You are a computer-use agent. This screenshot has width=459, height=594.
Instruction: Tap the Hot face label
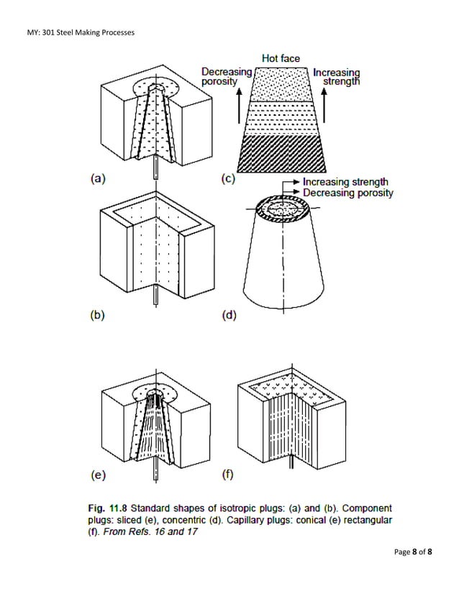click(x=280, y=58)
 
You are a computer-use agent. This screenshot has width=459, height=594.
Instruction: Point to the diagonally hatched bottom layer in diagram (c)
click(x=280, y=152)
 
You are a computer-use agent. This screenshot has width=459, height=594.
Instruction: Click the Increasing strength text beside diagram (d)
click(x=345, y=182)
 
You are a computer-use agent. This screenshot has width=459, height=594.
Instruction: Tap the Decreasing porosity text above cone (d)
click(x=348, y=193)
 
